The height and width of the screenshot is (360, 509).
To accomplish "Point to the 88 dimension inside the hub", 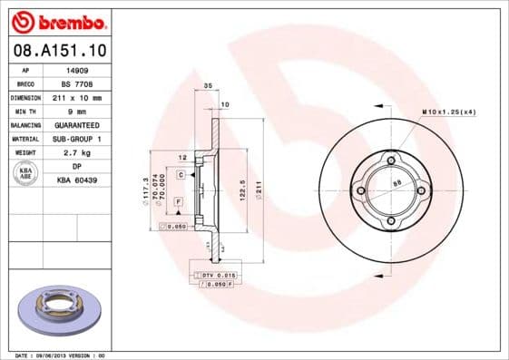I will point(396,183).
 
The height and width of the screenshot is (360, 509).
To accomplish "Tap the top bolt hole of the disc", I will point(391,161).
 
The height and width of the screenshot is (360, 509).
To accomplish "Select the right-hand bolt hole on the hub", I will point(422,190).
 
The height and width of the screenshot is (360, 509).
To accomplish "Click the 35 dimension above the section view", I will point(208,85).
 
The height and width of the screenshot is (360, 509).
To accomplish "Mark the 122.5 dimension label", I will point(243,191).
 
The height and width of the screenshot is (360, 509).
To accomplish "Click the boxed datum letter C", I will point(181,173).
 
